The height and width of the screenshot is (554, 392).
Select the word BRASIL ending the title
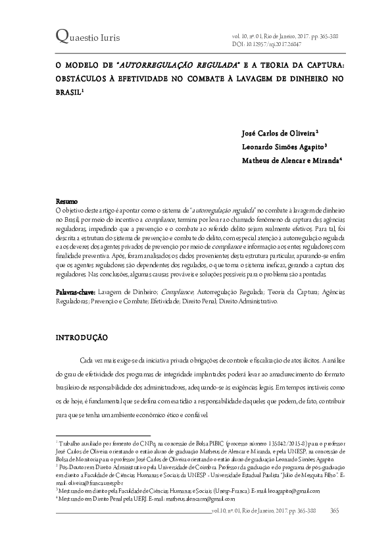coord(67,92)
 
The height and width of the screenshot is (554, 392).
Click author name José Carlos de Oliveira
coord(279,133)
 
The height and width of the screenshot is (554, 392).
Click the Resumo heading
coord(66,200)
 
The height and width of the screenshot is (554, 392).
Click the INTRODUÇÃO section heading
coord(81,337)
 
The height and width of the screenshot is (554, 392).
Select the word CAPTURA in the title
coord(314,66)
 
